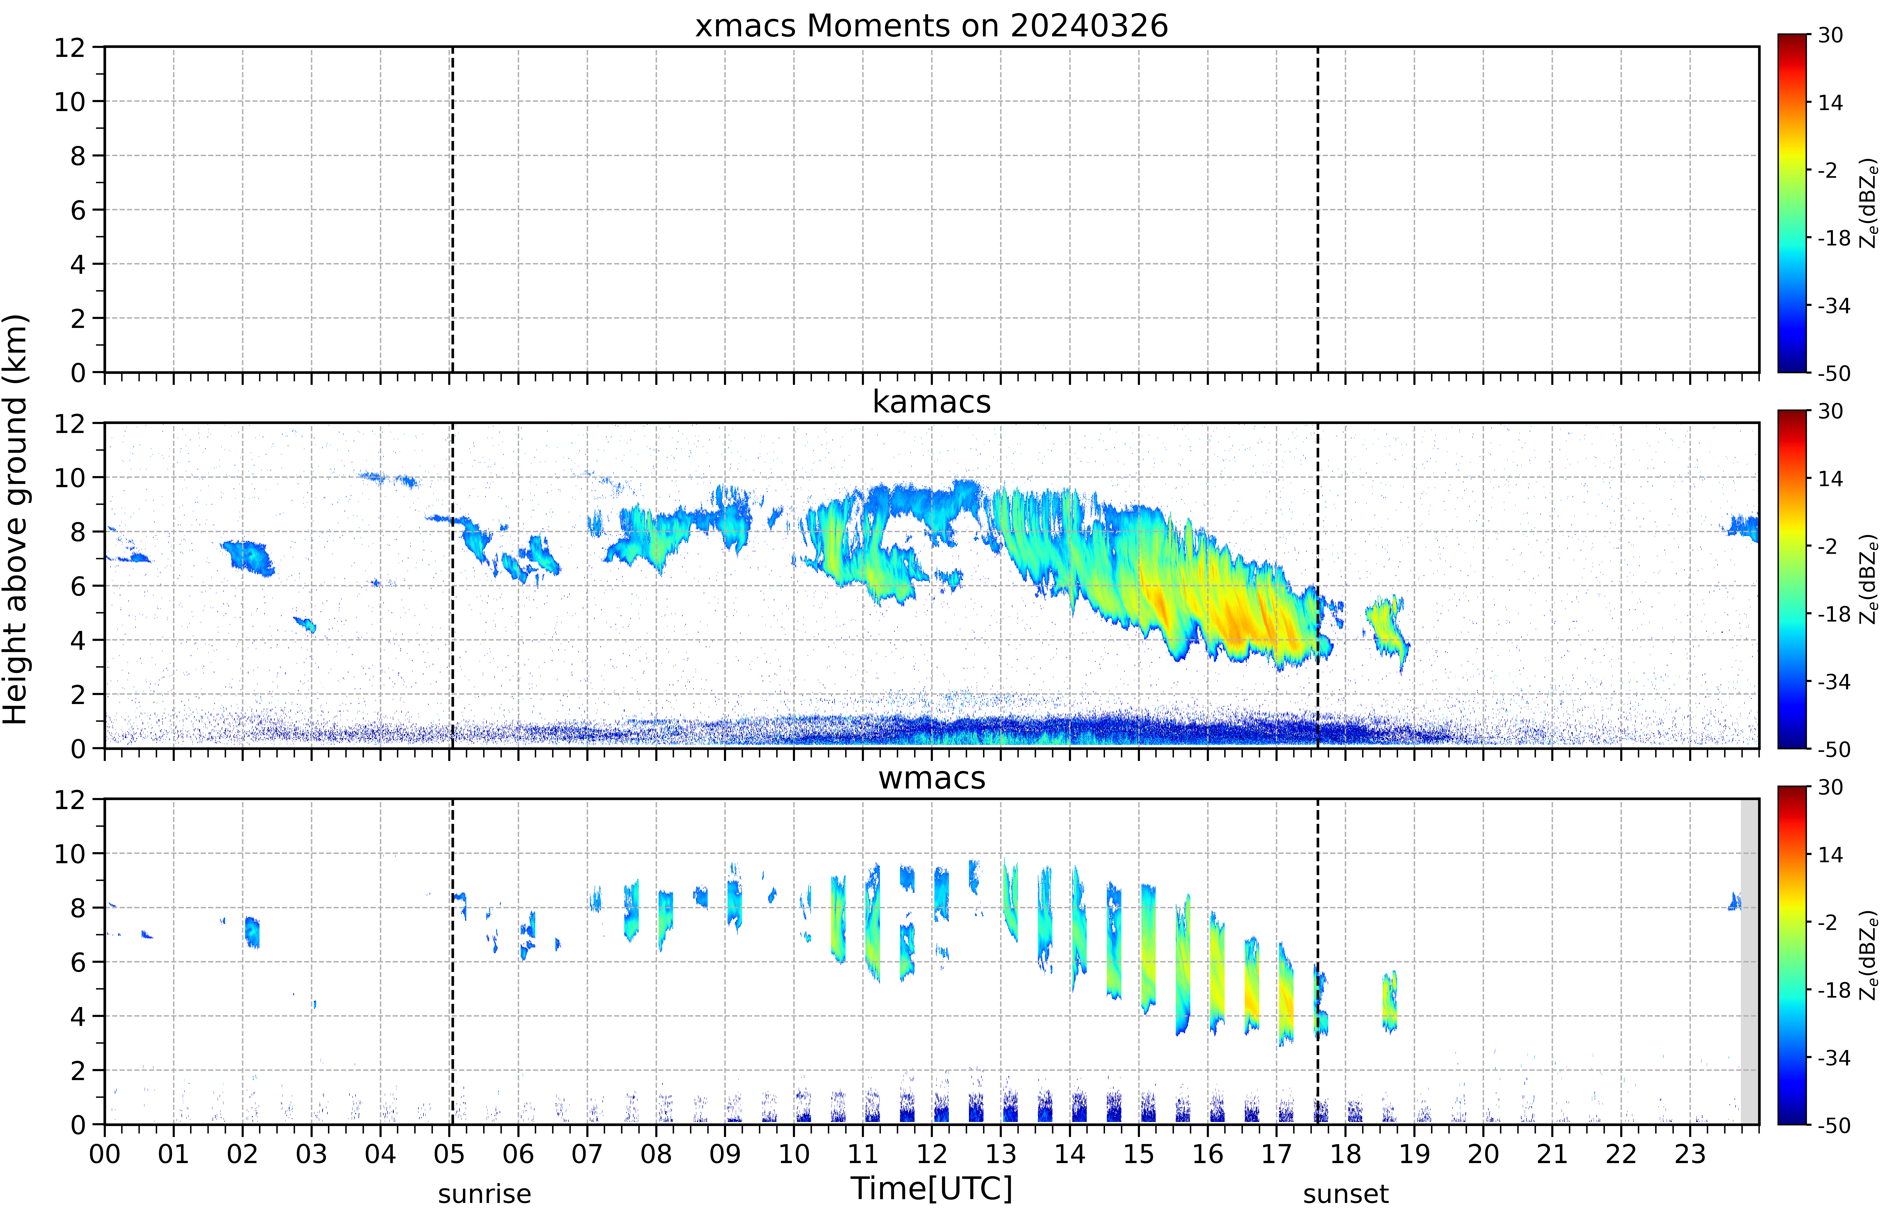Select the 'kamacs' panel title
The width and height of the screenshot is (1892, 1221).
[x=931, y=402]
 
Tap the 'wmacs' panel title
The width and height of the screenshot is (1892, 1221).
[x=931, y=778]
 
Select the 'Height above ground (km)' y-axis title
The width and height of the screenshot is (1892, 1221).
[x=16, y=519]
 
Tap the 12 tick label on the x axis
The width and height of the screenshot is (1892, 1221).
[x=931, y=1154]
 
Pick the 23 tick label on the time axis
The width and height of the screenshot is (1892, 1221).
[x=1689, y=1154]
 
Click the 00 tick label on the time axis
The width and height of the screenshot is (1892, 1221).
[x=105, y=1154]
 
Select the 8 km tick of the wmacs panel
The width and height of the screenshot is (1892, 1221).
[x=78, y=908]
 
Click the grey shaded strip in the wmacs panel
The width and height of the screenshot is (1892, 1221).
[x=1749, y=961]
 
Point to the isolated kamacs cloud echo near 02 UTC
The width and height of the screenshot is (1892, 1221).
[x=249, y=557]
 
